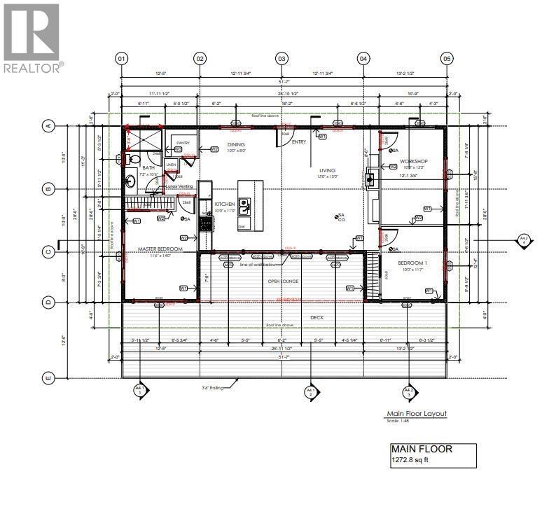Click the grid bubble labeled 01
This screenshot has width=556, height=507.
[122, 58]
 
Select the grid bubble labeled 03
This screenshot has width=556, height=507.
[282, 58]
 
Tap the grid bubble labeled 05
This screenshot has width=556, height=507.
[447, 58]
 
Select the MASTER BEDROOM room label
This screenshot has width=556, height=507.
[160, 249]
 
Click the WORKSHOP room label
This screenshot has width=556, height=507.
[413, 161]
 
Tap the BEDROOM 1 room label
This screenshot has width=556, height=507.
[412, 263]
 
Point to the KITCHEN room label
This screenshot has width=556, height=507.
[225, 204]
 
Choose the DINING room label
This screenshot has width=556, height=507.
[235, 145]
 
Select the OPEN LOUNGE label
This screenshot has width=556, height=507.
[284, 281]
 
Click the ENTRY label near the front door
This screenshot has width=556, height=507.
[299, 142]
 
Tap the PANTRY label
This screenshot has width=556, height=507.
[183, 142]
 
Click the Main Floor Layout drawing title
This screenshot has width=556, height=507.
[416, 414]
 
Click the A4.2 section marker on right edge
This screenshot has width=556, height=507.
[523, 240]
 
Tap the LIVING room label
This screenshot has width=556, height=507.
[327, 170]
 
